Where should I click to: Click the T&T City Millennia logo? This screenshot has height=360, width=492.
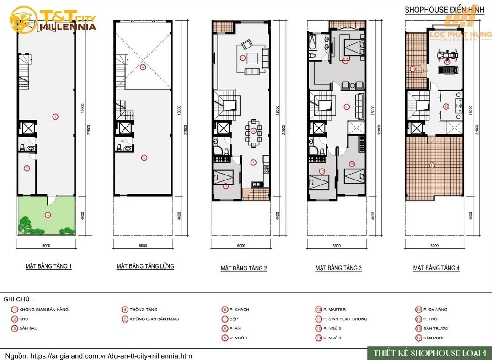[x=54, y=20]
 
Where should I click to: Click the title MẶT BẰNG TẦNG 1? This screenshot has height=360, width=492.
[x=48, y=266]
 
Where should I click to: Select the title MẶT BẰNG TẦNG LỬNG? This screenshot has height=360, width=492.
[x=145, y=266]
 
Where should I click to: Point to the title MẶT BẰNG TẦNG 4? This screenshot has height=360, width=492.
[x=436, y=268]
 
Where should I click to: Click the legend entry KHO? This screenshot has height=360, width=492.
[x=23, y=319]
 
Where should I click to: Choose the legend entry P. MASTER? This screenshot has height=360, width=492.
[x=334, y=309]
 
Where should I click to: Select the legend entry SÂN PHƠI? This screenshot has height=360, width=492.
[x=433, y=338]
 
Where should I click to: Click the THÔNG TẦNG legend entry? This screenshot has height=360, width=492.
[x=143, y=309]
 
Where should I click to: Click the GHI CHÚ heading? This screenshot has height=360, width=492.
[x=18, y=299]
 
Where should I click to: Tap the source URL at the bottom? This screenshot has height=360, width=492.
[x=99, y=355]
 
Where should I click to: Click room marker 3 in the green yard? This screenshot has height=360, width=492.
[x=47, y=214]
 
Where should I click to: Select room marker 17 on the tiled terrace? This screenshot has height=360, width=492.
[x=432, y=165]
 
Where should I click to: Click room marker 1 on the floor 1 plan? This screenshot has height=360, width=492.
[x=55, y=116]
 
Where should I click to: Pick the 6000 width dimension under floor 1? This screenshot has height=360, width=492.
[x=46, y=246]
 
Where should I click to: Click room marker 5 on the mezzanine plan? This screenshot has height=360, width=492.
[x=144, y=158]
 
